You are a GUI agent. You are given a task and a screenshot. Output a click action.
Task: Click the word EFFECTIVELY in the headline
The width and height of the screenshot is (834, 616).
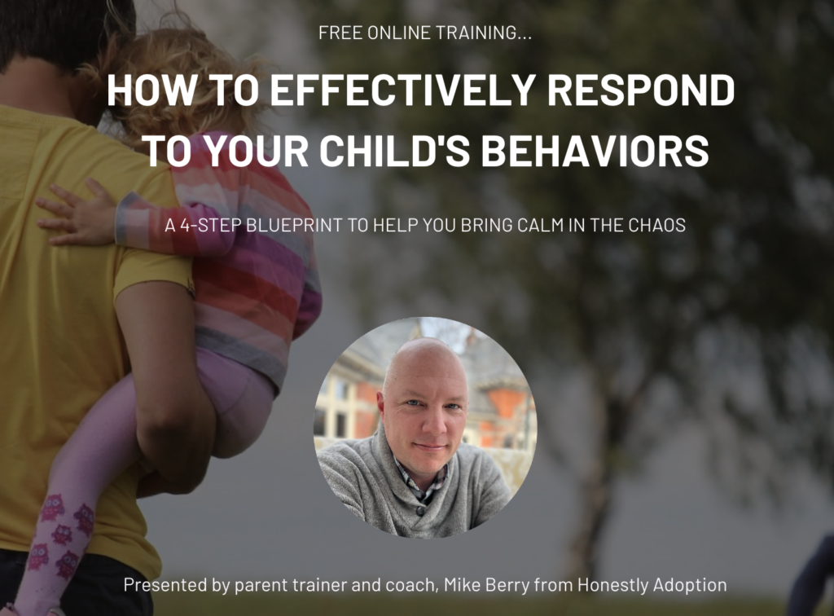[x=402, y=90]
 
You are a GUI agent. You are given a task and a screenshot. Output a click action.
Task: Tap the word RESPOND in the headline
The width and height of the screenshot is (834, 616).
[x=641, y=90]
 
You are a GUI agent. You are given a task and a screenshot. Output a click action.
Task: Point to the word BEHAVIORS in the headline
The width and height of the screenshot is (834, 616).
[x=595, y=150]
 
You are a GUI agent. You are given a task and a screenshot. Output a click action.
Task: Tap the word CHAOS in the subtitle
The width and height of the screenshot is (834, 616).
[x=657, y=226]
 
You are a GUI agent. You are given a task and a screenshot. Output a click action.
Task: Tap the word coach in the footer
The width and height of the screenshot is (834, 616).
[x=412, y=586]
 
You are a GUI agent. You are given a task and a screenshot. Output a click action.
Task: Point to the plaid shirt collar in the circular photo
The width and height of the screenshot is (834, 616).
[x=420, y=482]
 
